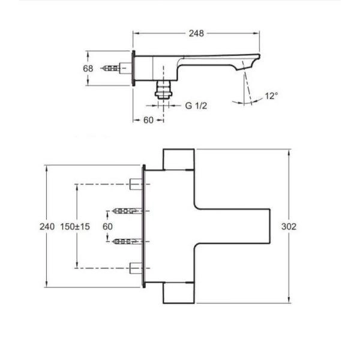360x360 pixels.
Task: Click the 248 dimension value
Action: click(x=196, y=34)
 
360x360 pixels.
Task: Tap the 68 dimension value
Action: click(x=88, y=68)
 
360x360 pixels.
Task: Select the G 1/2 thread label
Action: click(x=196, y=106)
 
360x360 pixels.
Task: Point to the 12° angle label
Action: click(x=271, y=96)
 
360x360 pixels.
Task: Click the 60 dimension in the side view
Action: click(x=148, y=120)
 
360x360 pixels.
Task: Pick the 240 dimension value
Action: click(x=47, y=227)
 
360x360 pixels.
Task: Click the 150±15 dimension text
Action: click(x=75, y=227)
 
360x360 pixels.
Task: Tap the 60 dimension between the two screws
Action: click(x=107, y=227)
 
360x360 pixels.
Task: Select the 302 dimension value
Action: click(x=289, y=227)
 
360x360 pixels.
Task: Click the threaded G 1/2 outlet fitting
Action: click(x=163, y=90)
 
